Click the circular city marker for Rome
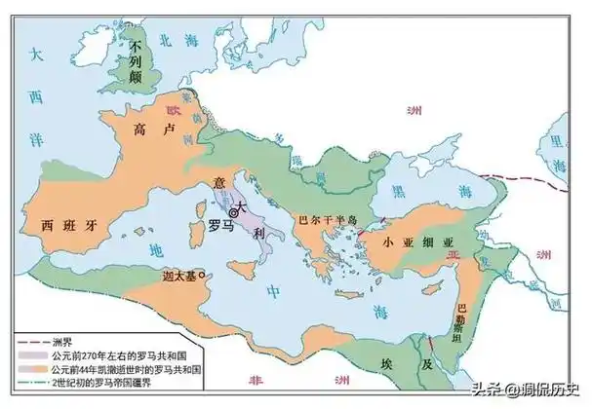pyautogui.click(x=233, y=211)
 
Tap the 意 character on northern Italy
pyautogui.click(x=218, y=182)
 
